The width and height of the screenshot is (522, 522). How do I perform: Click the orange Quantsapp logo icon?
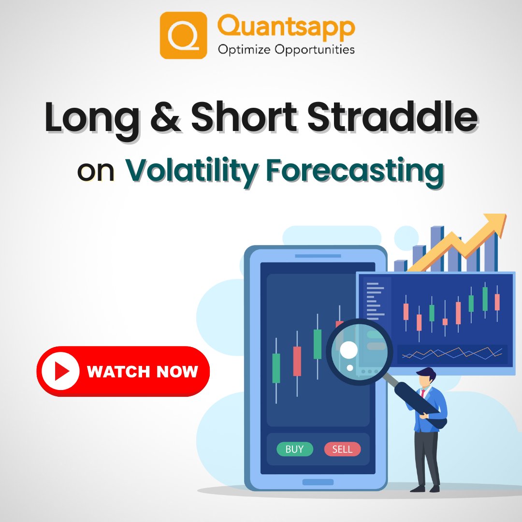(x=183, y=35)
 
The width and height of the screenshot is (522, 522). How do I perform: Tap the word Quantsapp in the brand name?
(x=286, y=27)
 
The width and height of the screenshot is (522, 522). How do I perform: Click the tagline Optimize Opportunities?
(x=286, y=49)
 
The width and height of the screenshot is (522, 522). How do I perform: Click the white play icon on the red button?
(x=60, y=371)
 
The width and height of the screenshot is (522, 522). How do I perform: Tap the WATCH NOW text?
(x=143, y=371)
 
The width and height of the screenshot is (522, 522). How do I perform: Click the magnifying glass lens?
(x=359, y=352)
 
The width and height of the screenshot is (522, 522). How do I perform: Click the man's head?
(x=426, y=377)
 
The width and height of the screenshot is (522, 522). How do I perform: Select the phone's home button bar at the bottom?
(x=318, y=482)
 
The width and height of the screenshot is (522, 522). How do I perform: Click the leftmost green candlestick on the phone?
(x=276, y=368)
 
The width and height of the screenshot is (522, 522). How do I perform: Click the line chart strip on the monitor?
(x=452, y=354)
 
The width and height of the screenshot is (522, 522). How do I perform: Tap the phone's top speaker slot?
(x=318, y=256)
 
